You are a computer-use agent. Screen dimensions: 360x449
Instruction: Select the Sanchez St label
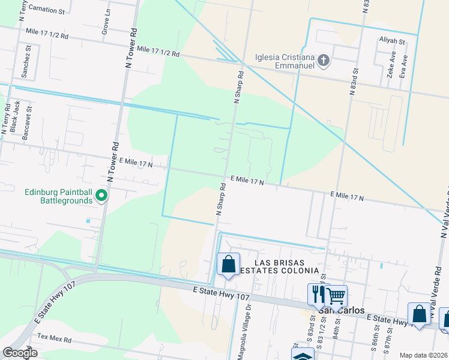click(x=28, y=61)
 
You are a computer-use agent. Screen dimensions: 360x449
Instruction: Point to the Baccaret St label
click(x=26, y=123)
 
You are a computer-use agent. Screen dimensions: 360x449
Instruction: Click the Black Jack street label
click(x=15, y=116)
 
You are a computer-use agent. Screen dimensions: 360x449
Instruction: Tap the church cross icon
click(x=324, y=59)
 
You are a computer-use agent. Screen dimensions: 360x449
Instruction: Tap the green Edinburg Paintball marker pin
click(x=102, y=195)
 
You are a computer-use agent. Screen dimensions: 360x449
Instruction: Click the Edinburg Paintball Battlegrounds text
click(x=58, y=197)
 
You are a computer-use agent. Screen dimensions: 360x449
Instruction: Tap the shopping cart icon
click(x=336, y=295)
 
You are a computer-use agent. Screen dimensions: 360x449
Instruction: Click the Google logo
click(x=20, y=353)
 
